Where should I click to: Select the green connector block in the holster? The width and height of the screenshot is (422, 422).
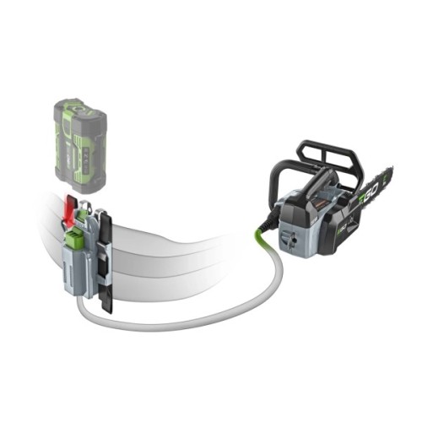(73, 240)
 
